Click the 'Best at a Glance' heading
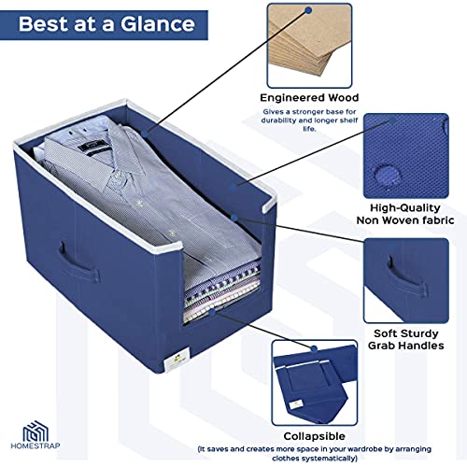point(106,24)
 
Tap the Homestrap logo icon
point(35,431)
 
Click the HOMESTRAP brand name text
point(35,446)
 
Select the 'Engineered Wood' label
point(309,98)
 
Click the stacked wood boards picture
point(309,46)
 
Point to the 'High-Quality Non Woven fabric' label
point(405,214)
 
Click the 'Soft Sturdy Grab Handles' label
point(406,339)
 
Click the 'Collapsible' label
point(315,436)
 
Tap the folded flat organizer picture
point(315,383)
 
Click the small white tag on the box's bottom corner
point(176,361)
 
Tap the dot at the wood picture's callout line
point(308,10)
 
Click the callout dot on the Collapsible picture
point(314,348)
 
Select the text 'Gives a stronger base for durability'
point(309,116)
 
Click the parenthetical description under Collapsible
point(315,454)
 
